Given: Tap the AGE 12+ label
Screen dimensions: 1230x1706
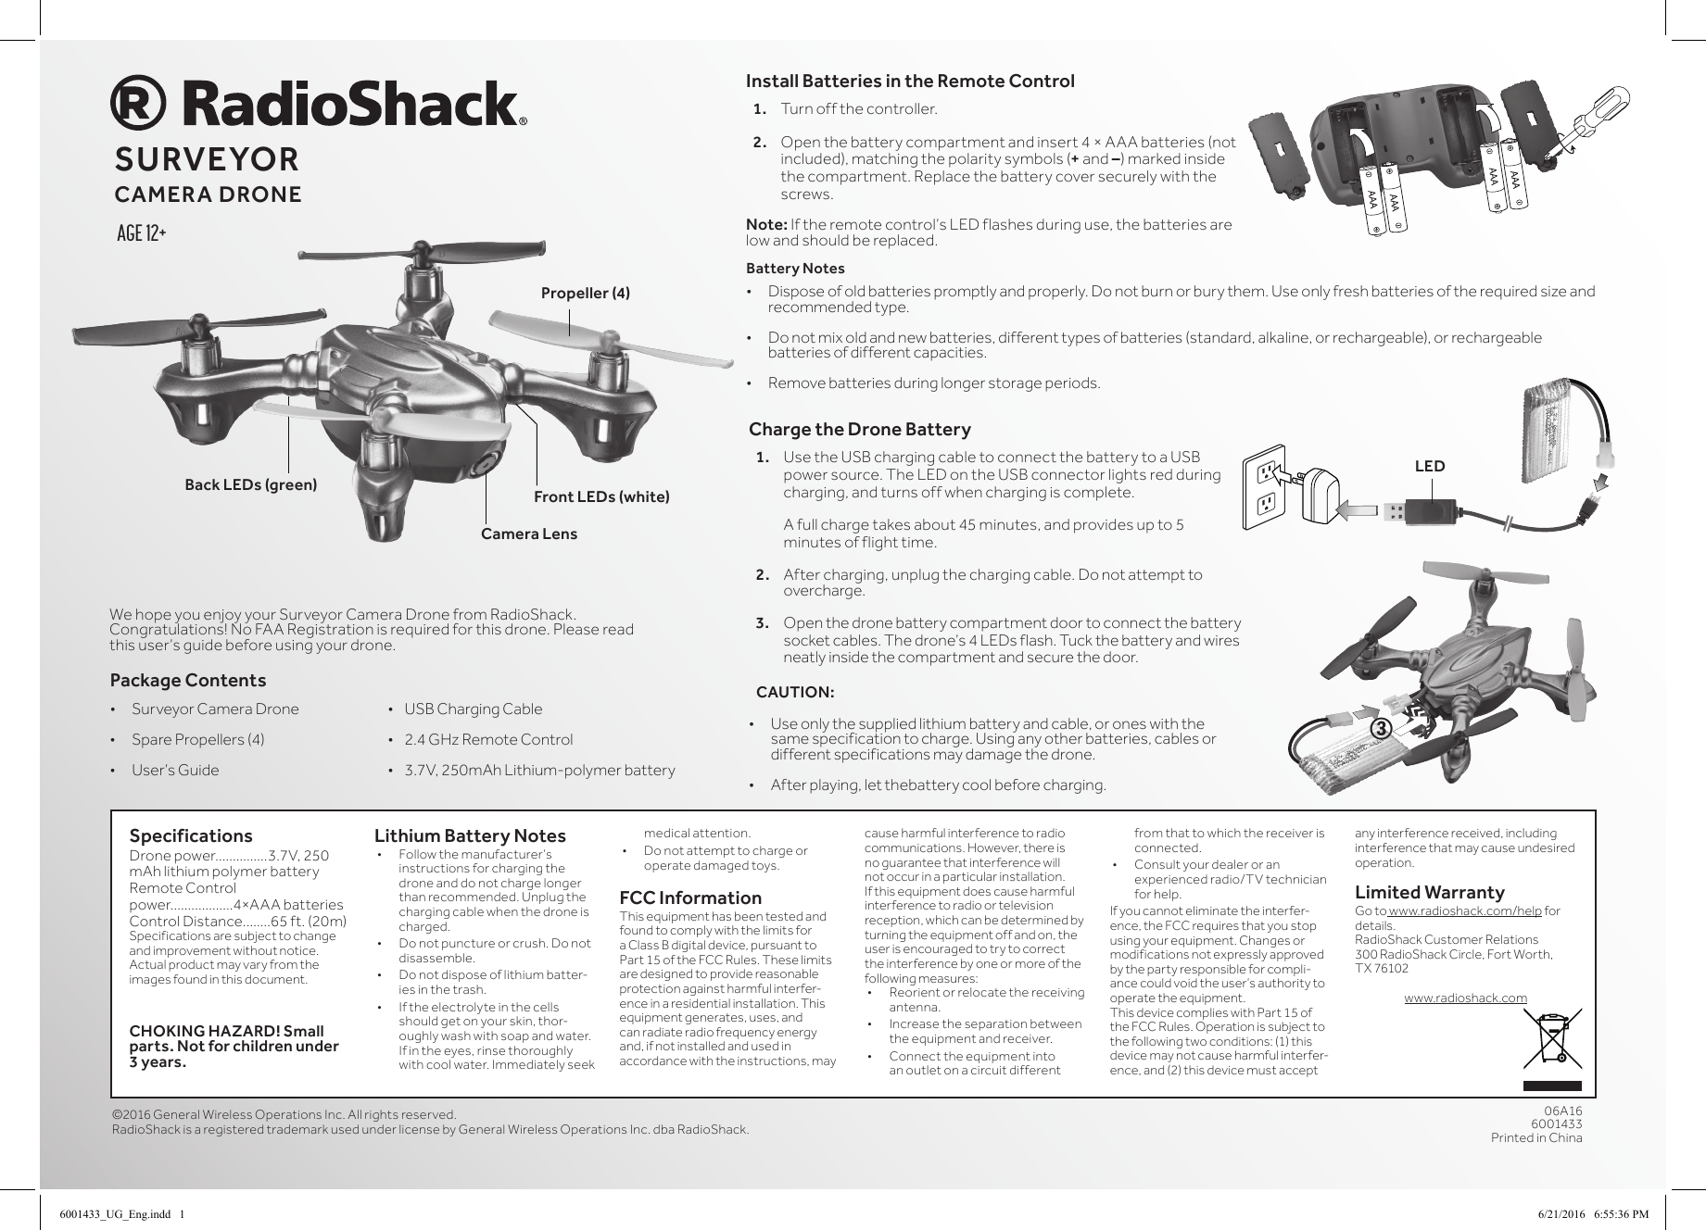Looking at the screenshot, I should pos(142,232).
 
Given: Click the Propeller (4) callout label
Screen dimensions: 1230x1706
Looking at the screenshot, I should pos(585,293).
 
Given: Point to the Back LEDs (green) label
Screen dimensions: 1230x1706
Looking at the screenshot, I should pos(250,484).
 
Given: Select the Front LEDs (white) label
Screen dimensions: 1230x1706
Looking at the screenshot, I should pos(601,496).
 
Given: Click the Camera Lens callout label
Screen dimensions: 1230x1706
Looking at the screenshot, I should pos(528,533).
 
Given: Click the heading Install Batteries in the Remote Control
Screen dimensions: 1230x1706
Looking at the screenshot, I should pos(910,81).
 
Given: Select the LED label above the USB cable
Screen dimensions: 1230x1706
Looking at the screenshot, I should pos(1429,466).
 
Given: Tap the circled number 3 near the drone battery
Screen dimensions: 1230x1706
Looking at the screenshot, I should pos(1381,729).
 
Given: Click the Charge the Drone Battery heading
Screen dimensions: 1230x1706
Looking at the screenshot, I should pos(859,429).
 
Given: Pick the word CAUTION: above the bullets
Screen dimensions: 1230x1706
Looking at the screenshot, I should pos(795,692).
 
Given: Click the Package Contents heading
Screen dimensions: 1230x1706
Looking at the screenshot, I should pos(187,680).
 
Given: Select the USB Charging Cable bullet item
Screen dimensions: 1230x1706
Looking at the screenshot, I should pos(473,709).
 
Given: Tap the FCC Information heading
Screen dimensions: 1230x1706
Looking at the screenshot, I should pos(689,897).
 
